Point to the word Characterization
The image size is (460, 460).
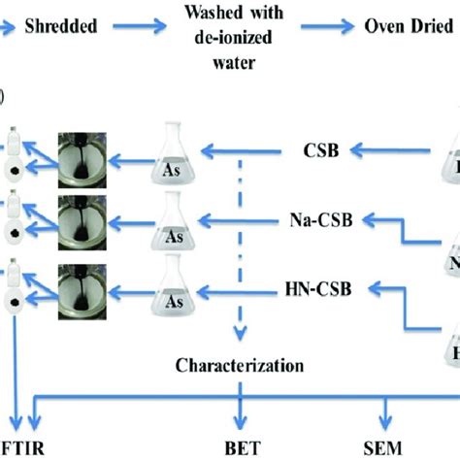pyautogui.click(x=238, y=366)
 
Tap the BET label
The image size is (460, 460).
pyautogui.click(x=238, y=449)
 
